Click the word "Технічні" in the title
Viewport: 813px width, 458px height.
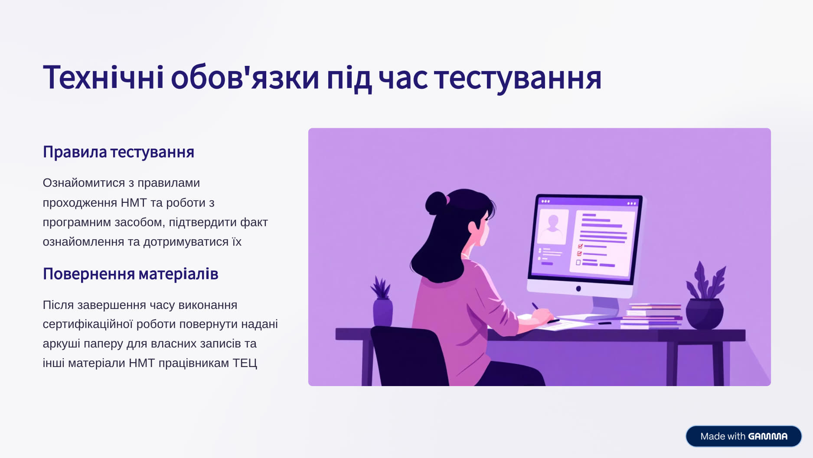click(x=103, y=78)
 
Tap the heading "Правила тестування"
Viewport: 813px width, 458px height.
click(x=118, y=152)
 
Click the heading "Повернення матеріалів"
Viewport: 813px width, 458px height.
click(x=131, y=274)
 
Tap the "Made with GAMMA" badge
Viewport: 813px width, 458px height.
click(x=743, y=436)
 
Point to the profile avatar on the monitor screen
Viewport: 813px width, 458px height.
click(x=553, y=226)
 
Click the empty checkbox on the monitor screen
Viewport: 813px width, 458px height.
click(x=578, y=262)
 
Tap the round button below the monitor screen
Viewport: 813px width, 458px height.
click(x=578, y=289)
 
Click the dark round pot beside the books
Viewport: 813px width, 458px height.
click(x=705, y=313)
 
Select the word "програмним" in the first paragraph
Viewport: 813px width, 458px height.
click(x=77, y=222)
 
